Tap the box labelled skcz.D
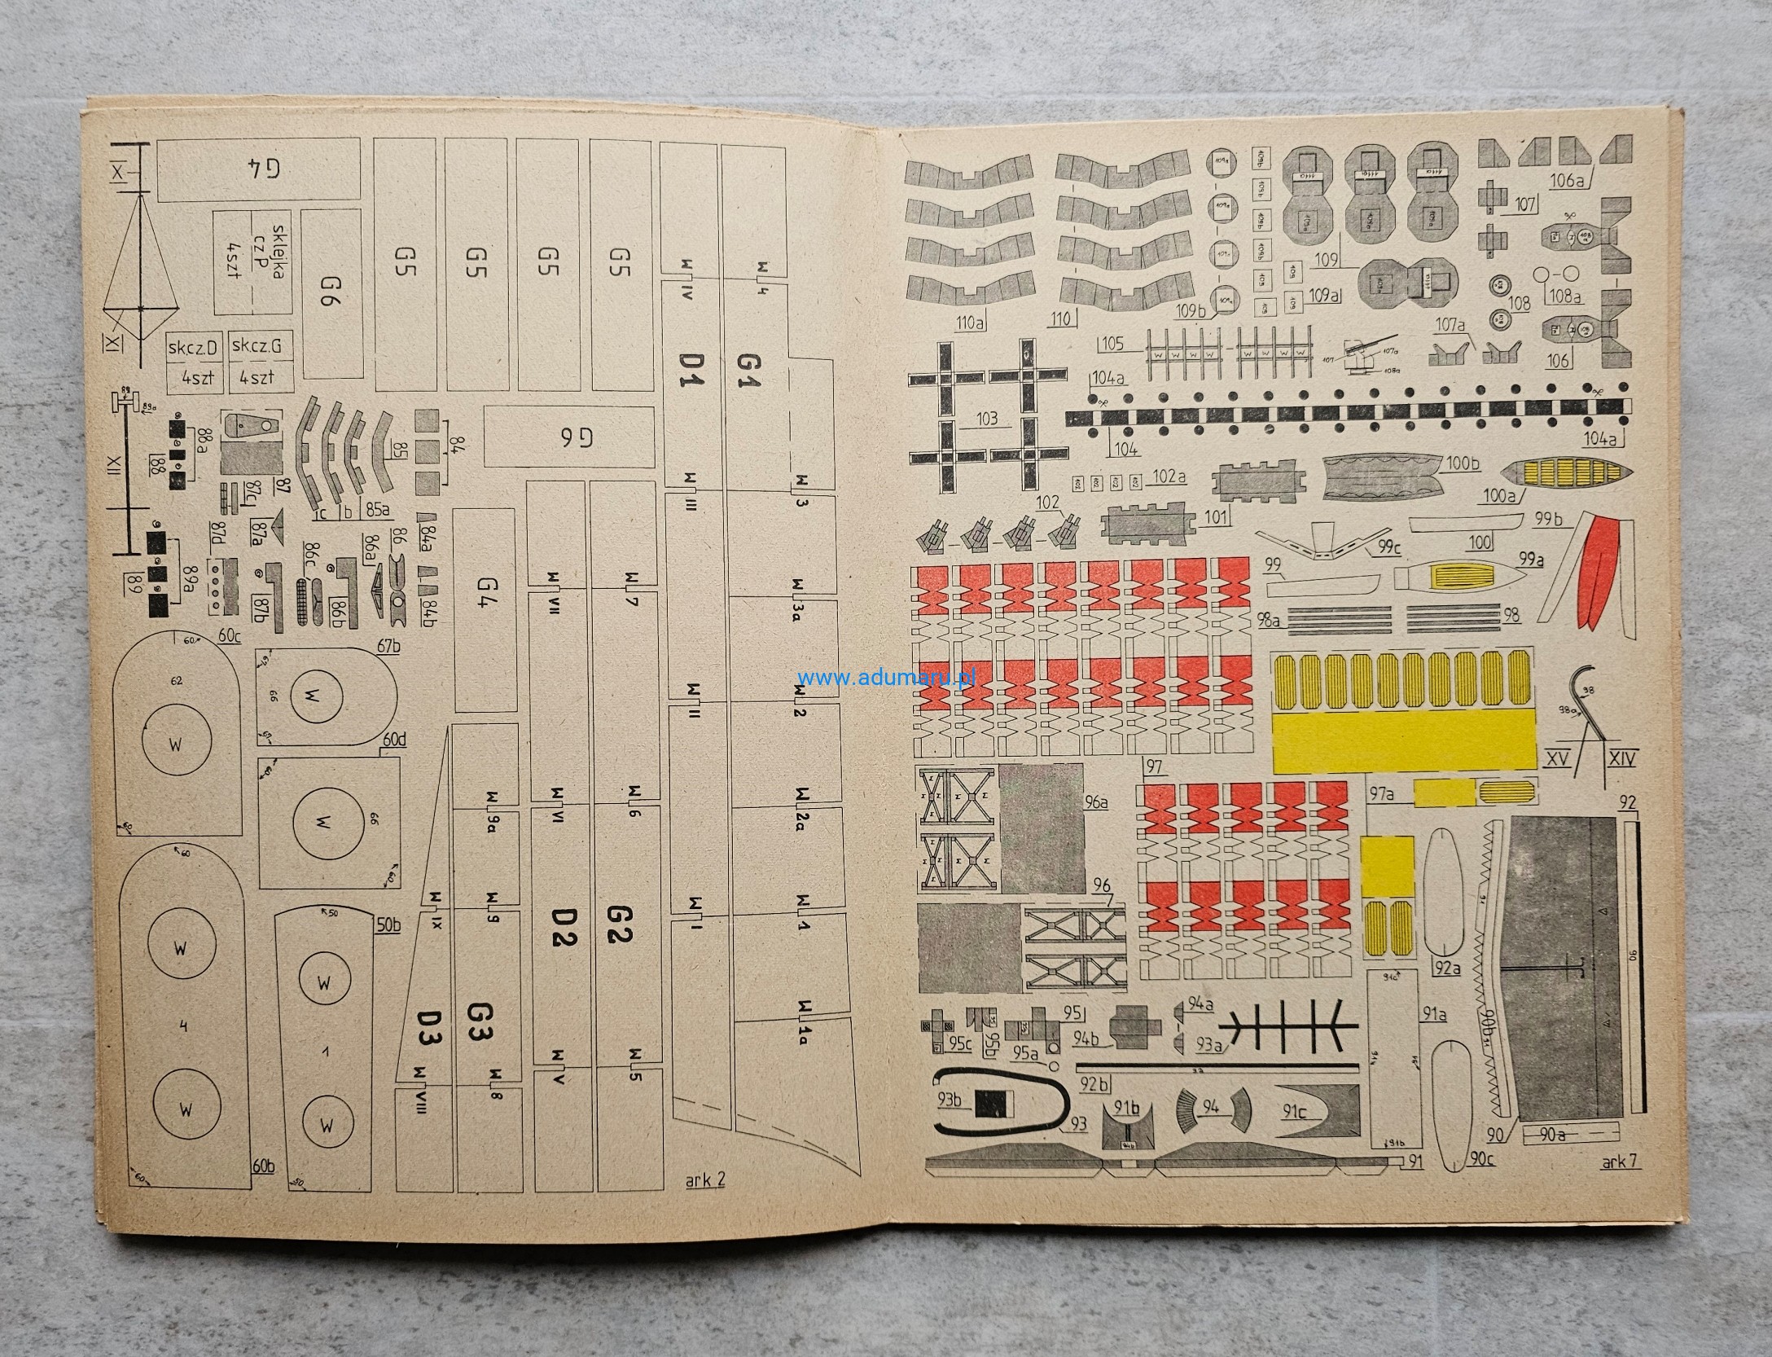[x=193, y=348]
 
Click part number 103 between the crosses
[x=985, y=419]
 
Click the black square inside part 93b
[x=991, y=1103]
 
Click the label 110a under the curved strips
[x=969, y=323]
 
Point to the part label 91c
[x=1296, y=1112]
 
